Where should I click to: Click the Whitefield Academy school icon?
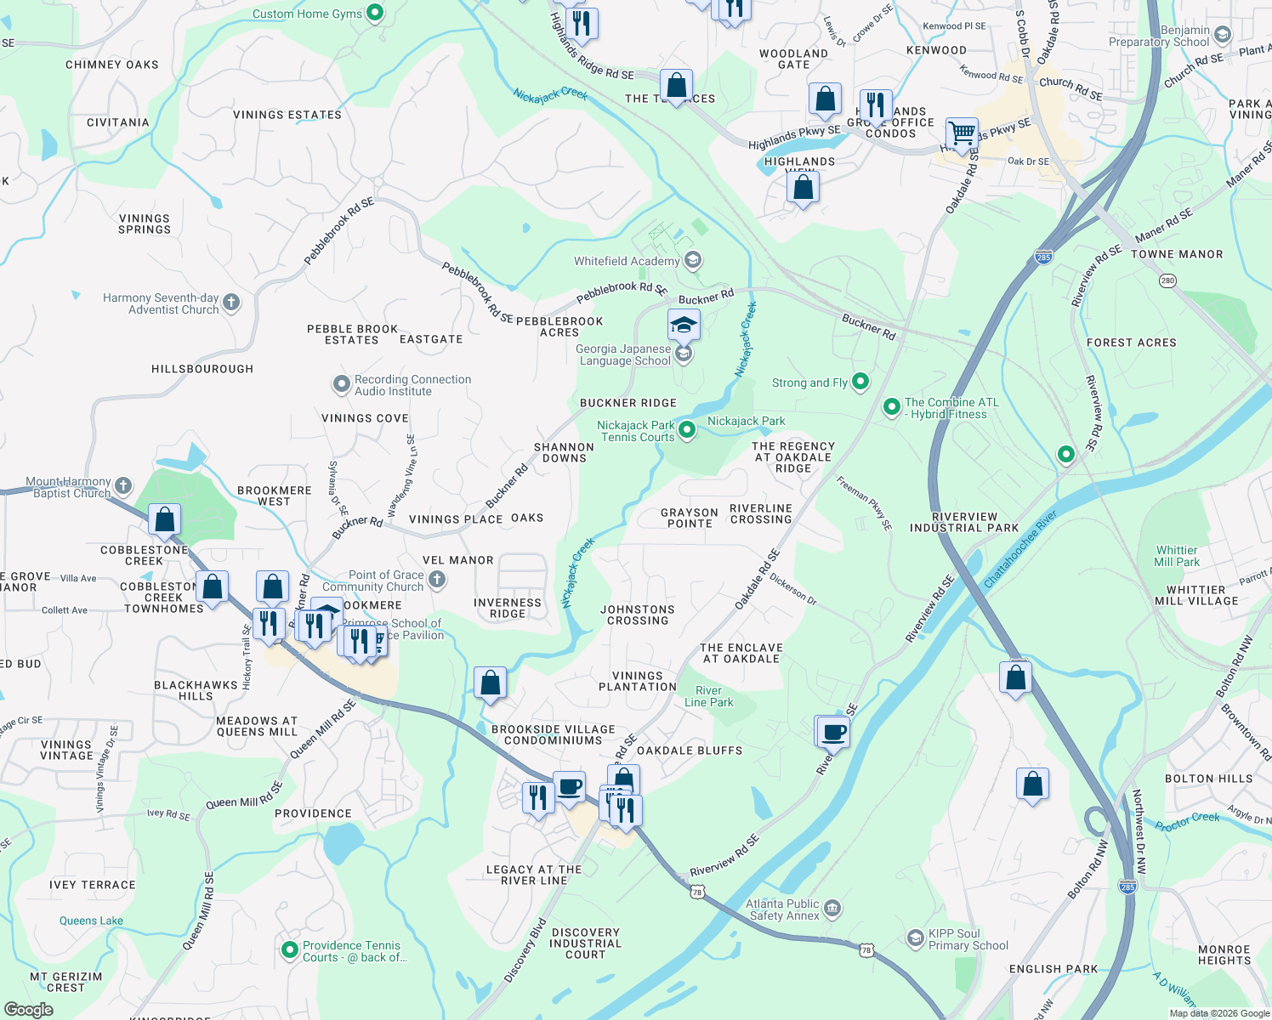coord(693,260)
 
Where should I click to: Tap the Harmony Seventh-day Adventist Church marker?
coord(230,303)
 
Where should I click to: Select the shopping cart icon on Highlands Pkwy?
coord(962,133)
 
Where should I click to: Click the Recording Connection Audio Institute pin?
coord(341,385)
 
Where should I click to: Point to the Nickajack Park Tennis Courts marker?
coord(687,431)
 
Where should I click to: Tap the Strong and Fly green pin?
coord(860,382)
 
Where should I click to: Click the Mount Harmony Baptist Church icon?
coord(123,486)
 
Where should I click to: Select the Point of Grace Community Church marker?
coord(437,580)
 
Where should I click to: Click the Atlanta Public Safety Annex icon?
coord(832,909)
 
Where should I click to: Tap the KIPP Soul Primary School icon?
coord(916,938)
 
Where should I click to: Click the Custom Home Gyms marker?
coord(375,13)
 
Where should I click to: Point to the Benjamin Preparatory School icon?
coord(1223,35)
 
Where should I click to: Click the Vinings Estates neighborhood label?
coord(287,115)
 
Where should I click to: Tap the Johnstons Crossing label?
coord(638,615)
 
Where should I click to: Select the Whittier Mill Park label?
coord(1177,556)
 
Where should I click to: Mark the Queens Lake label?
coord(91,921)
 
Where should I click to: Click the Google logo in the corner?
coord(28,1009)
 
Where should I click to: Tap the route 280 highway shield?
coord(1168,280)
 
